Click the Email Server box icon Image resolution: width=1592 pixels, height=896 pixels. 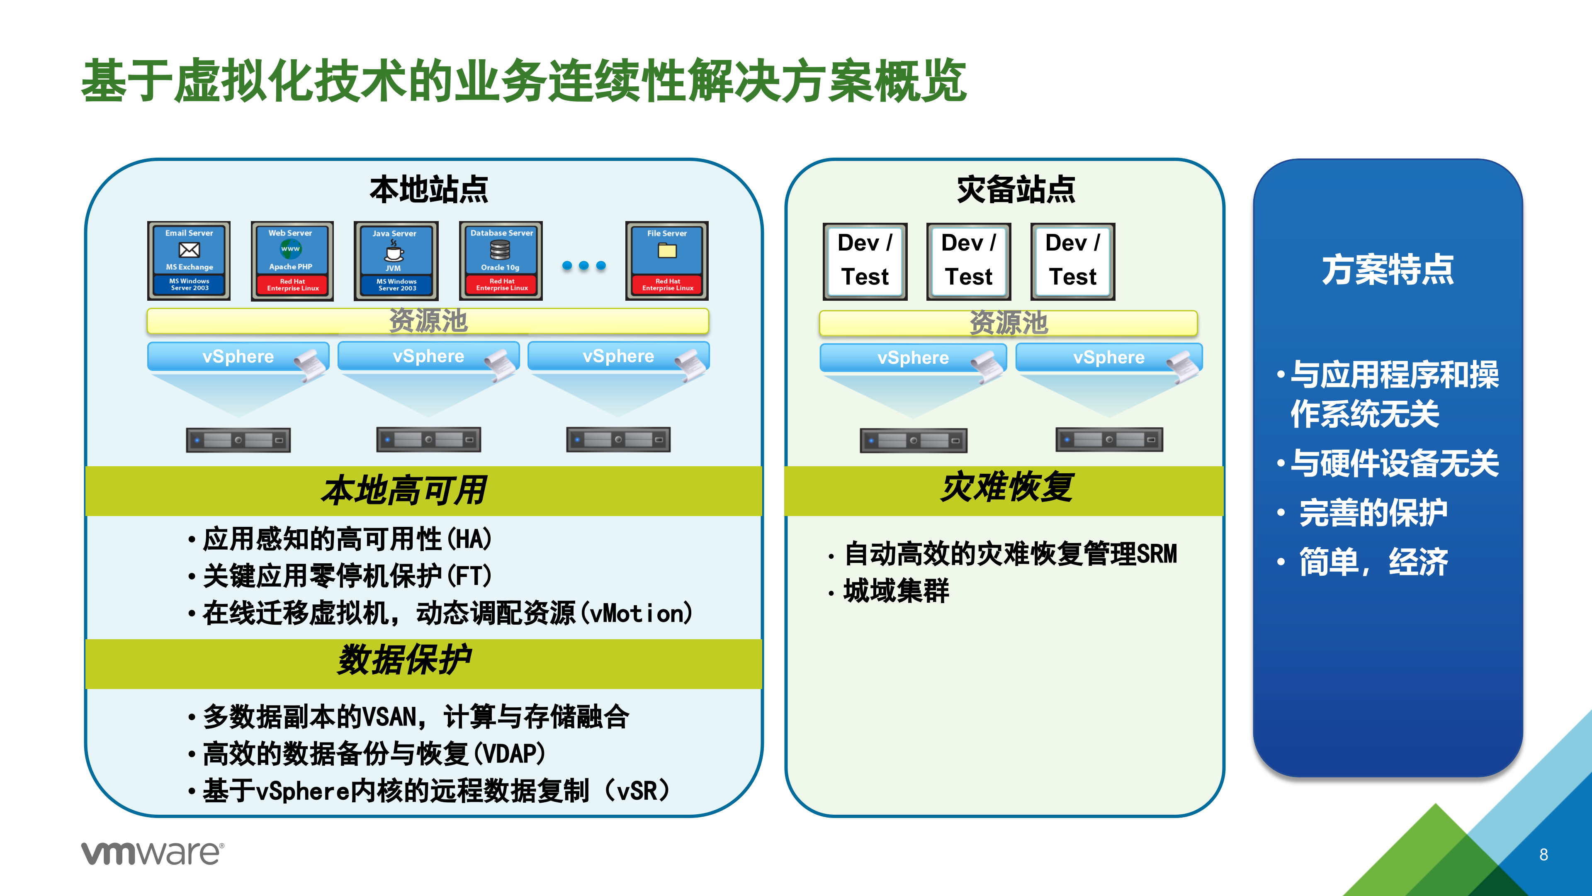click(189, 261)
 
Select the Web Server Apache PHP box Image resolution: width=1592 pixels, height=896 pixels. click(292, 261)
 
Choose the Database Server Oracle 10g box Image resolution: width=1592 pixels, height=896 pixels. click(501, 261)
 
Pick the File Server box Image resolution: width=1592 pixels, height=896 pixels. click(666, 261)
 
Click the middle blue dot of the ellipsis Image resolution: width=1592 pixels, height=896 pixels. click(584, 266)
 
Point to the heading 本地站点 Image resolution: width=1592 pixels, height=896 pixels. click(428, 189)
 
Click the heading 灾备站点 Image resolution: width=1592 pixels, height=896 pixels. click(1016, 189)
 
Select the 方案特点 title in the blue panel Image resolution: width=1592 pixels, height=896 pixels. click(1388, 270)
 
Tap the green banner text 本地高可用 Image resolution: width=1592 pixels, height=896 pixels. click(404, 490)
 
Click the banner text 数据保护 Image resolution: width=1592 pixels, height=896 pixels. click(404, 660)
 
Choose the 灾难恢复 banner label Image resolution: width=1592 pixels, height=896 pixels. click(1007, 487)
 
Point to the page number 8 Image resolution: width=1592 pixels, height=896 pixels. click(1543, 855)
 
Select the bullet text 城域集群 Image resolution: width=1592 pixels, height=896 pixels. click(896, 591)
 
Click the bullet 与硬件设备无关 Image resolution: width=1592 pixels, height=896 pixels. click(1394, 463)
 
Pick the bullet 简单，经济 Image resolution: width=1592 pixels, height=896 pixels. click(1373, 562)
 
